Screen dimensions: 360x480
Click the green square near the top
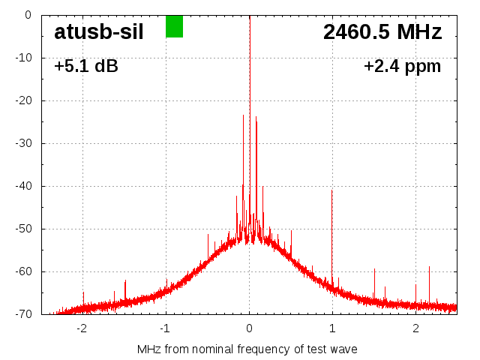coord(174,26)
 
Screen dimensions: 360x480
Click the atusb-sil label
coord(98,31)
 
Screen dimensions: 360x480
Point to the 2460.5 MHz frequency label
coord(382,31)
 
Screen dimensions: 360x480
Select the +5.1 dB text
coord(85,66)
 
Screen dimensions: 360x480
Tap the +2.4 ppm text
coord(402,66)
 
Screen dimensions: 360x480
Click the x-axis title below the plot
coord(247,349)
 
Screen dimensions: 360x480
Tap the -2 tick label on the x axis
coord(81,328)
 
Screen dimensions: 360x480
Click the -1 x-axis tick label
coord(164,328)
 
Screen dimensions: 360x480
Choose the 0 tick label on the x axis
coord(249,328)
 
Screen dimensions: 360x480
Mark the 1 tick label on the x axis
coord(332,328)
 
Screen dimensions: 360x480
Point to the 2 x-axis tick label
coord(415,328)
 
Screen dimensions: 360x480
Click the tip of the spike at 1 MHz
coord(332,190)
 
